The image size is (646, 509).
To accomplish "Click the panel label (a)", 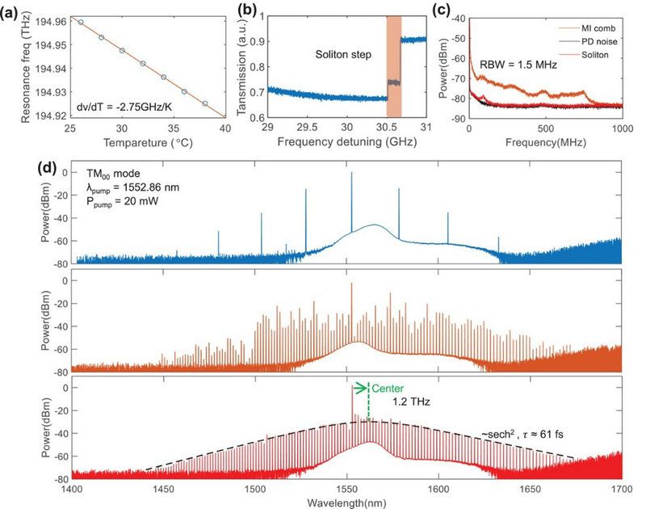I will tap(12, 11).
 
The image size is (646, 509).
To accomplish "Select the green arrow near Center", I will tap(360, 386).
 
